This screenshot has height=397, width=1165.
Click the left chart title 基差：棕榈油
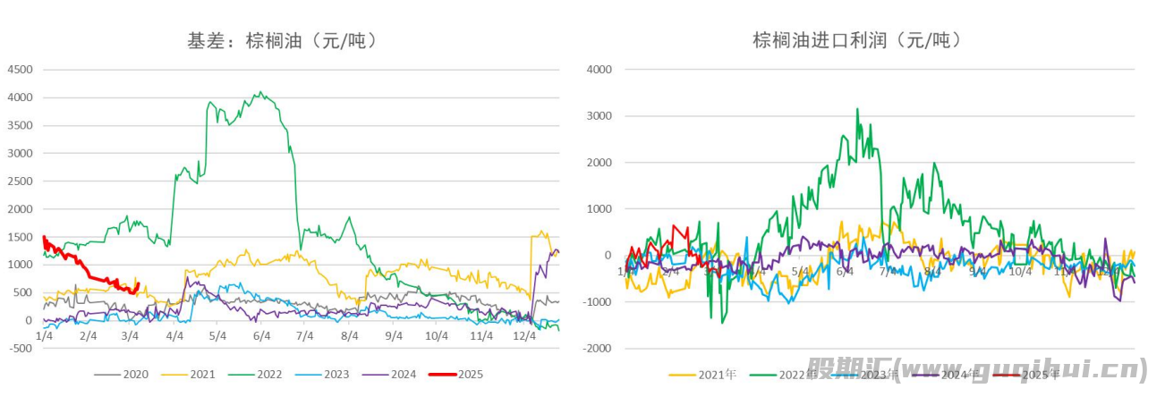tap(282, 40)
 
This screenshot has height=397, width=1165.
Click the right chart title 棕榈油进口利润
tap(856, 40)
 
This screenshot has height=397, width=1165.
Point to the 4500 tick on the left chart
tap(20, 70)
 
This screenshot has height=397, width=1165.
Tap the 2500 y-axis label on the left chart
tap(20, 182)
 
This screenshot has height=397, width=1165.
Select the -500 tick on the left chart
tap(20, 349)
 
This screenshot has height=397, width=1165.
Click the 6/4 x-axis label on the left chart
tap(261, 336)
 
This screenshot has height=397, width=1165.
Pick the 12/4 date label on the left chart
tap(524, 336)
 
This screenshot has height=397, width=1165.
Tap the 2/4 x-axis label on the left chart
tap(88, 336)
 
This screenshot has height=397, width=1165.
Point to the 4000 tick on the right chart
tap(599, 70)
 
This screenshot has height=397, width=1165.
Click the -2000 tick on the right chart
tap(597, 349)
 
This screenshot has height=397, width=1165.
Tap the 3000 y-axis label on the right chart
tap(599, 116)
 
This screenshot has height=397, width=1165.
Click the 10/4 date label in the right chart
tap(1020, 271)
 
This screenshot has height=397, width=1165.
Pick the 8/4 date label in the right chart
tap(932, 271)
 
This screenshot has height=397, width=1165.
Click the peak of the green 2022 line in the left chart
tap(259, 92)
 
